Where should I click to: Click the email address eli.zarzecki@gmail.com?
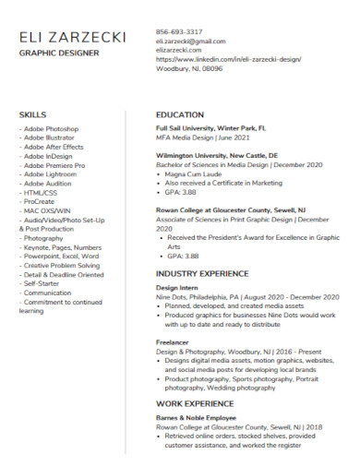point(190,41)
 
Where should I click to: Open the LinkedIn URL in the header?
point(228,59)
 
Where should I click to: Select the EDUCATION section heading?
point(180,114)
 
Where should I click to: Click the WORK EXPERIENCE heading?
point(195,403)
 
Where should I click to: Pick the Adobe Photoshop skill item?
point(51,129)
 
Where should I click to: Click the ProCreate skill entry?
point(42,201)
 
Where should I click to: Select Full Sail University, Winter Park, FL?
point(211,129)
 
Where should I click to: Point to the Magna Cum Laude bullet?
point(197,173)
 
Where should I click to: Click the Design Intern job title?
point(178,288)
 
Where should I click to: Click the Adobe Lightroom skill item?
point(51,173)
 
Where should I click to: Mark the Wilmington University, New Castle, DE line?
point(216,156)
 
